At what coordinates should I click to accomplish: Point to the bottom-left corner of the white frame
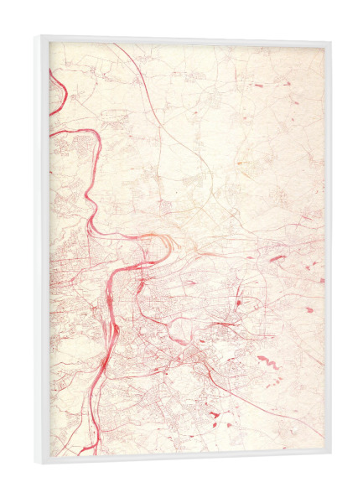pos(35,464)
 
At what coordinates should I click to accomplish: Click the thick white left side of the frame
pos(41,251)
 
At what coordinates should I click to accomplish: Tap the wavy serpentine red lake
pos(268,362)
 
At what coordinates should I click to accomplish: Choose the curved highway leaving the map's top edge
pos(126,59)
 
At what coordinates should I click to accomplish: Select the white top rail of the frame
pos(184,39)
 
